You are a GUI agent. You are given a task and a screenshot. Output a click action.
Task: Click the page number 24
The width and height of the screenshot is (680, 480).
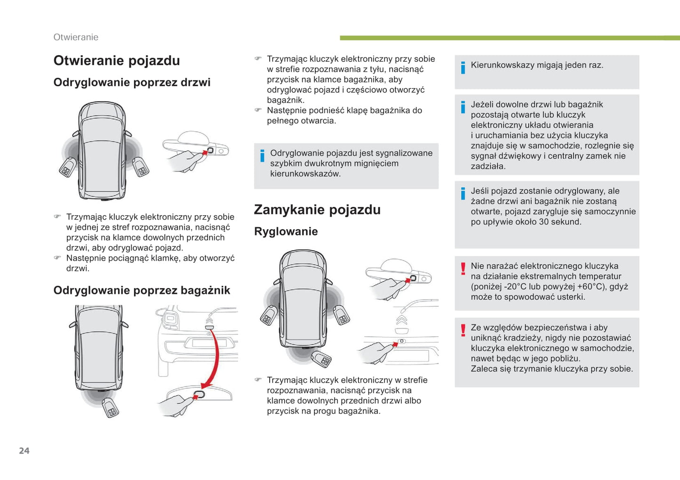24,451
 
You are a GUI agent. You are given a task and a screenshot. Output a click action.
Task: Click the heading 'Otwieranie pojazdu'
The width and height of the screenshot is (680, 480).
117,61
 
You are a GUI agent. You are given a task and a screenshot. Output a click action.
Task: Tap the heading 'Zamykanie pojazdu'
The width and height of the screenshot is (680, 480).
317,210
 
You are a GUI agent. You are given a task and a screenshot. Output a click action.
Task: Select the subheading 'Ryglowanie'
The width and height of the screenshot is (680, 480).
286,231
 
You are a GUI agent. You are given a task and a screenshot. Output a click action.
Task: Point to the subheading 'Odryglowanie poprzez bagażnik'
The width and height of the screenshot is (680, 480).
142,290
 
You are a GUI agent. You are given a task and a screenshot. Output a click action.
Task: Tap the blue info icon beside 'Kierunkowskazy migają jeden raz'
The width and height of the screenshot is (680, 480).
463,68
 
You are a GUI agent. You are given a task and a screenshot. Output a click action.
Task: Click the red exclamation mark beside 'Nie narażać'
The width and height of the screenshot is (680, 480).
463,268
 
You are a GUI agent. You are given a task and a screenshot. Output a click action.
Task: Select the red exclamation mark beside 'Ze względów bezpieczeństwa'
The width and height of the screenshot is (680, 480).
463,330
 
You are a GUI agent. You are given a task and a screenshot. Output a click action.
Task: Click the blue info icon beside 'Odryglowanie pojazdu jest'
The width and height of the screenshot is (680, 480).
262,156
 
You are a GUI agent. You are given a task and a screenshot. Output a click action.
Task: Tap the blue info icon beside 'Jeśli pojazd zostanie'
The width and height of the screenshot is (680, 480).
463,194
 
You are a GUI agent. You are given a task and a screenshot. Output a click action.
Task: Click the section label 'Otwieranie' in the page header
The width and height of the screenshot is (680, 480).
76,37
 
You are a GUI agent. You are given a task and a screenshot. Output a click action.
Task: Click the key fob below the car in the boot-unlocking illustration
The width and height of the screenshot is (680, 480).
110,407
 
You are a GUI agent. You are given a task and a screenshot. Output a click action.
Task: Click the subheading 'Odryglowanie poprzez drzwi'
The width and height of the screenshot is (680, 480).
132,82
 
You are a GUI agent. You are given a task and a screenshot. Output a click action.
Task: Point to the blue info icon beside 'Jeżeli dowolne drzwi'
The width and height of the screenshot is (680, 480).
463,107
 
